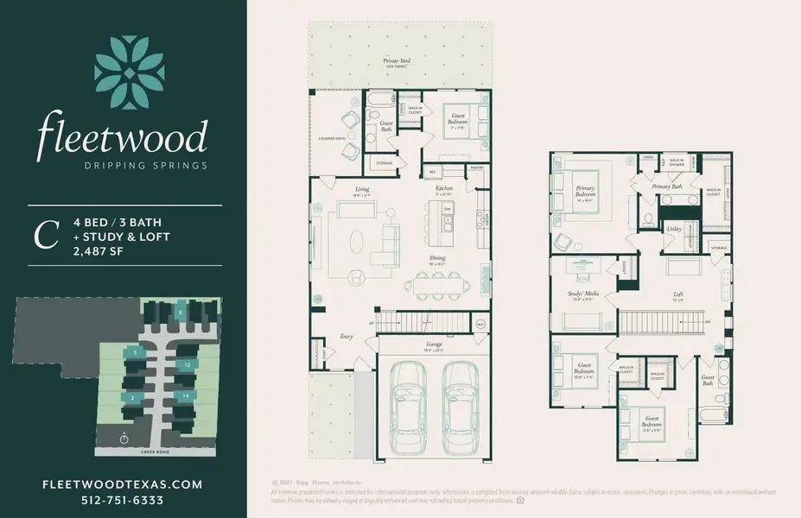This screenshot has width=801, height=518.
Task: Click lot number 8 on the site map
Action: coord(179,312)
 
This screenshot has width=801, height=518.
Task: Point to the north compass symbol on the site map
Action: coord(124,438)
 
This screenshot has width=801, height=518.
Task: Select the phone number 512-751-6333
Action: coord(123,500)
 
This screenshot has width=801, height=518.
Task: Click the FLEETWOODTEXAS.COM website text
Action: coord(123,484)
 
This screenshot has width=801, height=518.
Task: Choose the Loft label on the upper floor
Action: coord(678,295)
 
